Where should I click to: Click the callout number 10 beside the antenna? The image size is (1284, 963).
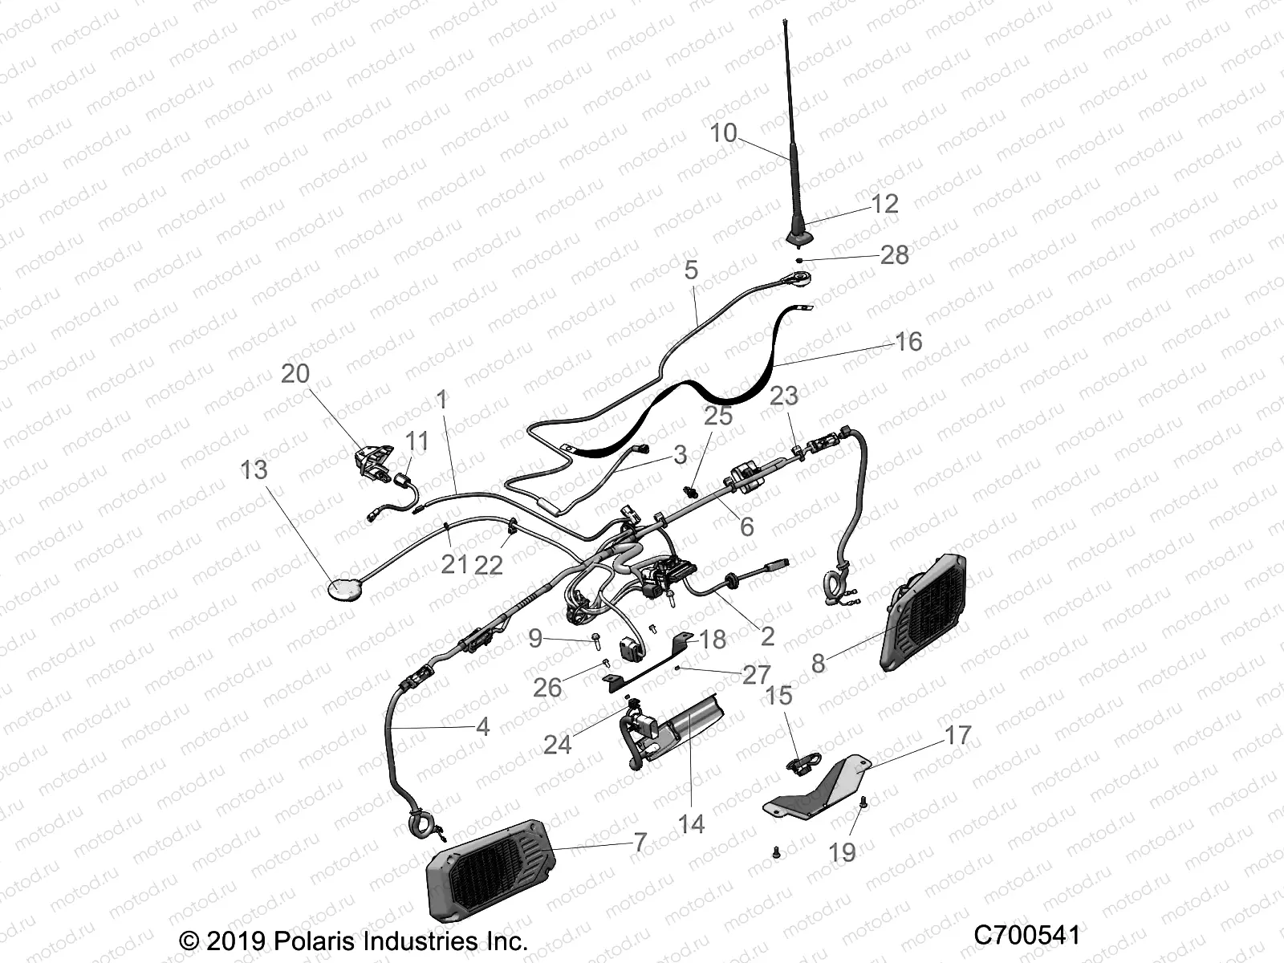click(723, 133)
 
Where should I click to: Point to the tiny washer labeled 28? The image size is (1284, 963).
click(800, 260)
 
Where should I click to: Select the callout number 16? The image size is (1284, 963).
click(908, 342)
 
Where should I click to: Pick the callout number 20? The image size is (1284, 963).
click(295, 374)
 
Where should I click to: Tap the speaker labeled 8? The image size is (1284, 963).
click(923, 612)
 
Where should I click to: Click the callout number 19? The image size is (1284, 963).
click(842, 852)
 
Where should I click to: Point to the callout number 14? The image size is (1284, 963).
click(690, 824)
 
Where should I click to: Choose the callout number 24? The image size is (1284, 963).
click(557, 745)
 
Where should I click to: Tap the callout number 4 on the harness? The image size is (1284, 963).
click(482, 727)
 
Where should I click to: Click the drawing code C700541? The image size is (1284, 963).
click(1026, 936)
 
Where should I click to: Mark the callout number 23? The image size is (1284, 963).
click(784, 396)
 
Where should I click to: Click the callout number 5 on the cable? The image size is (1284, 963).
click(691, 270)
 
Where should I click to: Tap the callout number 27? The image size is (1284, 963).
click(756, 675)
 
